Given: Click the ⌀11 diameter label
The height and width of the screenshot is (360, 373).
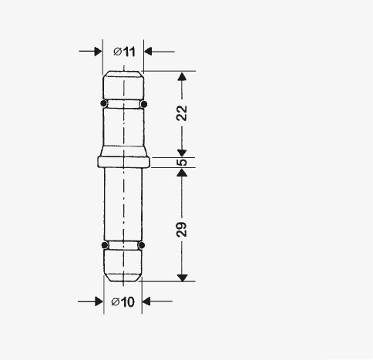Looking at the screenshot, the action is click(x=124, y=52).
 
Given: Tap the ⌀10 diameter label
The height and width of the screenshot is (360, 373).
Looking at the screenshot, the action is click(x=123, y=302).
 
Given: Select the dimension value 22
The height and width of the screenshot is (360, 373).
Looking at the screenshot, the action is click(x=182, y=113).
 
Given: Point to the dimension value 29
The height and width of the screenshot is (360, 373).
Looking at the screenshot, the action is click(x=182, y=229).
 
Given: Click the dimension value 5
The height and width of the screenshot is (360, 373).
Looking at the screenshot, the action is click(x=182, y=163).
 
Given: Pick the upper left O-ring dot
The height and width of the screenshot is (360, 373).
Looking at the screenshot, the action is click(x=104, y=103).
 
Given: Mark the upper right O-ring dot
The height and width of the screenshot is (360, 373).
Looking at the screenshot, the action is click(x=144, y=104).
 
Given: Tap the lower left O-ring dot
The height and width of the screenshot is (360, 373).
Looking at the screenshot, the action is click(x=105, y=245).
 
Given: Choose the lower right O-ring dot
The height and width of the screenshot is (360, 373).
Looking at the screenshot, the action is click(x=141, y=245).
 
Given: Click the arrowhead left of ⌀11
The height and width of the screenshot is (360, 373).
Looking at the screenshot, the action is click(x=98, y=52).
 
